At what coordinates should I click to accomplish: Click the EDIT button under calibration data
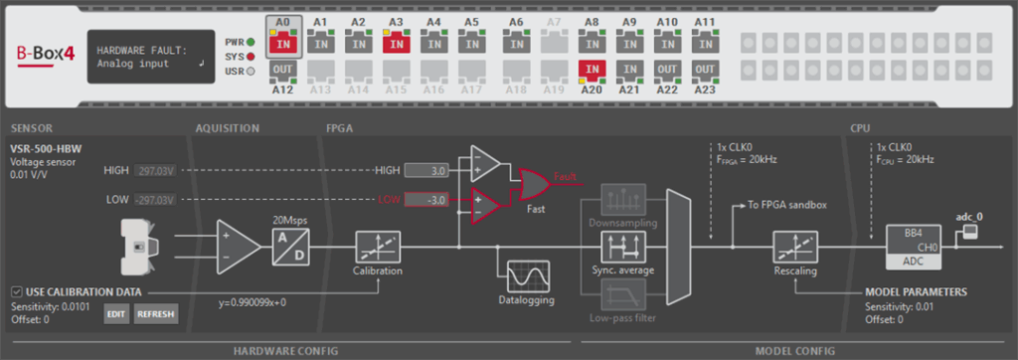tap(116, 315)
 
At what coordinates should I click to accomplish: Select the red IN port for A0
tap(282, 43)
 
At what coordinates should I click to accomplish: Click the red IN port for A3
tap(396, 43)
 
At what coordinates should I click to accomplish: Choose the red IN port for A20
tap(592, 70)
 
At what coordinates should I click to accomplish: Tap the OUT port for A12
tap(282, 70)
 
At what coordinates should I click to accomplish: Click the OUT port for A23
tap(705, 70)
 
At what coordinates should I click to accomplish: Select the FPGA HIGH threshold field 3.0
tap(427, 171)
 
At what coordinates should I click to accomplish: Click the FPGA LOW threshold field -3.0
tap(427, 200)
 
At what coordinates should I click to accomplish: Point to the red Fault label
tap(566, 176)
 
